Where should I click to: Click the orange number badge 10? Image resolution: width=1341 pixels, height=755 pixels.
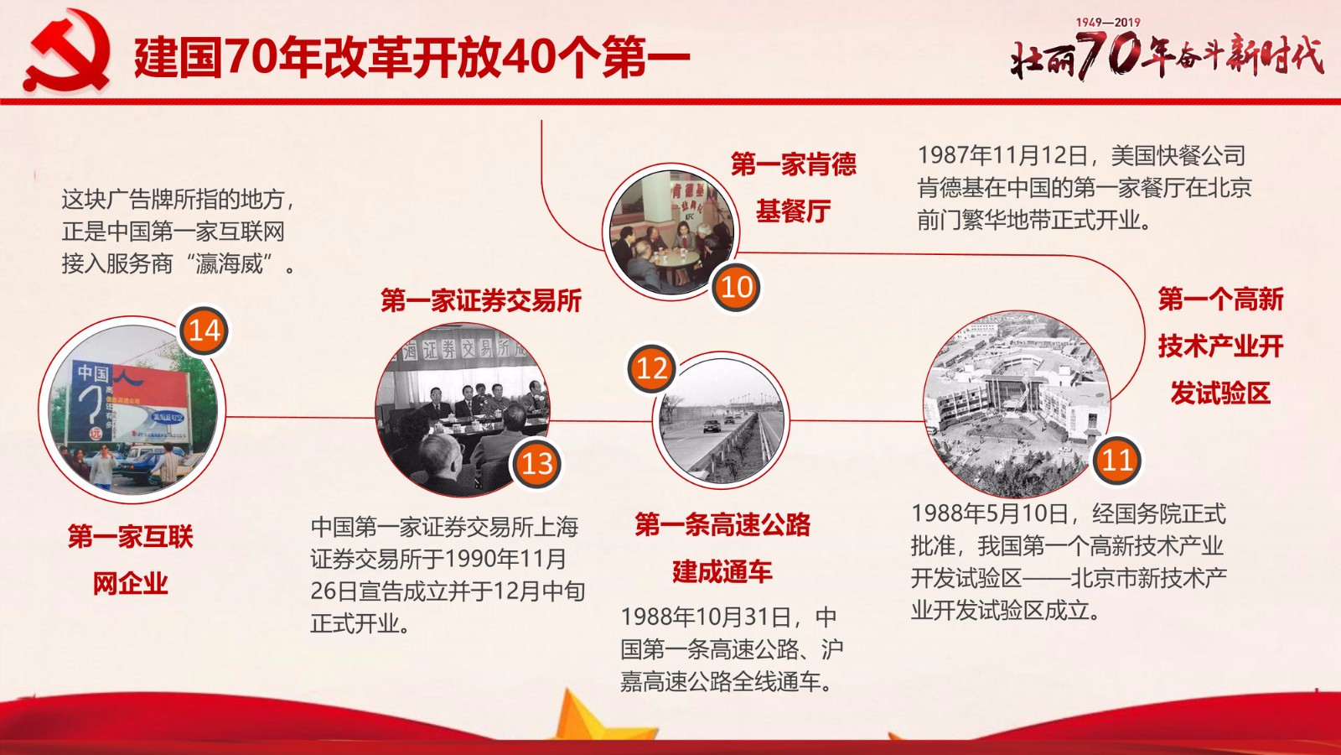click(737, 288)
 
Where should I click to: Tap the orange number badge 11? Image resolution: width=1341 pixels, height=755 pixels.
click(1117, 461)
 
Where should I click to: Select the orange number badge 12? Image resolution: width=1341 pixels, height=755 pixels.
click(652, 368)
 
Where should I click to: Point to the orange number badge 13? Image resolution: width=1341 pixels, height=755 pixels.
click(536, 464)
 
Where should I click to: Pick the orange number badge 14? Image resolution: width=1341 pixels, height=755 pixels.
click(205, 331)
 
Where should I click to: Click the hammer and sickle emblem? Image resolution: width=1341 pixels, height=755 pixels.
click(67, 51)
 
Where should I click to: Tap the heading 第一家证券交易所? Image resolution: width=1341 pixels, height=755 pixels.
click(481, 300)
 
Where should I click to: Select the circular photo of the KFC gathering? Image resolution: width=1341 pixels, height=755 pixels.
click(670, 232)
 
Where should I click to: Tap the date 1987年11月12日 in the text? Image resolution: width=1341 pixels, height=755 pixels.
click(1002, 156)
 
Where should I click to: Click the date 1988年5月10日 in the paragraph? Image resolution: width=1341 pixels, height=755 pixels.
click(990, 513)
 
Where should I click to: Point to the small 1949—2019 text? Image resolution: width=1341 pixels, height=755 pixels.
click(1108, 22)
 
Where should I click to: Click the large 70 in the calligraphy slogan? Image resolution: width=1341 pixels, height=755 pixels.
click(1110, 55)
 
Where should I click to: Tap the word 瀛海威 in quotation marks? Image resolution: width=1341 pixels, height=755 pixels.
click(230, 263)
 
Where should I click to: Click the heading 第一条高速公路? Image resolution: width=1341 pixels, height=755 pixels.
click(722, 525)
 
